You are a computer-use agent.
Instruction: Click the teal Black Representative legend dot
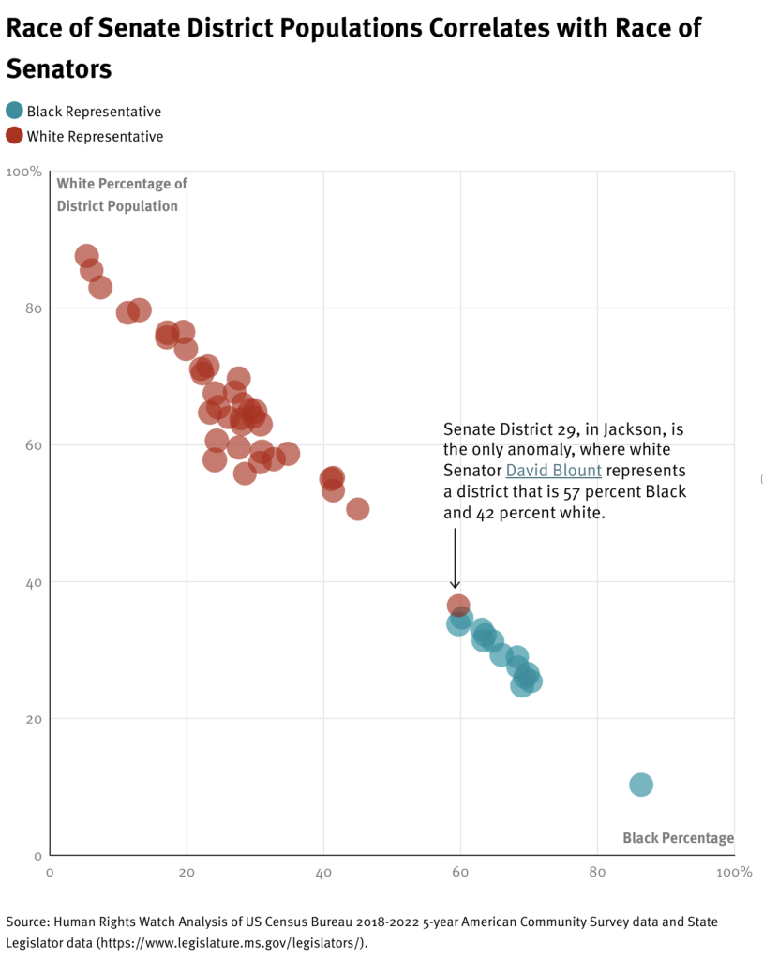[x=14, y=111]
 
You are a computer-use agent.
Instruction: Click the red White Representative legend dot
[x=14, y=135]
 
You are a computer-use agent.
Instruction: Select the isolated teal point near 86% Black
[x=641, y=785]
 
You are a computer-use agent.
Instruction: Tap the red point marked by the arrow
[x=458, y=606]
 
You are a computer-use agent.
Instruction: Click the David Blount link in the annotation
[x=553, y=471]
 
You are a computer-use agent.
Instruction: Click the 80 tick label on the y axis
[x=33, y=308]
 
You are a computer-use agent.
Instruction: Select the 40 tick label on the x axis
[x=323, y=872]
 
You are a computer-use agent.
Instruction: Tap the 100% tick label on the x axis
[x=733, y=872]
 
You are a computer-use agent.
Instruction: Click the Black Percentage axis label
[x=678, y=838]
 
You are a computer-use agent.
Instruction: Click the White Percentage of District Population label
[x=122, y=194]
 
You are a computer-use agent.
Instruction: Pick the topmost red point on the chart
[x=87, y=256]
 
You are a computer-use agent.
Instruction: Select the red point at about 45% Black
[x=357, y=509]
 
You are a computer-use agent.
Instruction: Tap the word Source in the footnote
[x=25, y=922]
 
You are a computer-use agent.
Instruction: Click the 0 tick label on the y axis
[x=38, y=856]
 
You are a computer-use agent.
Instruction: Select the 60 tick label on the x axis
[x=460, y=872]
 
